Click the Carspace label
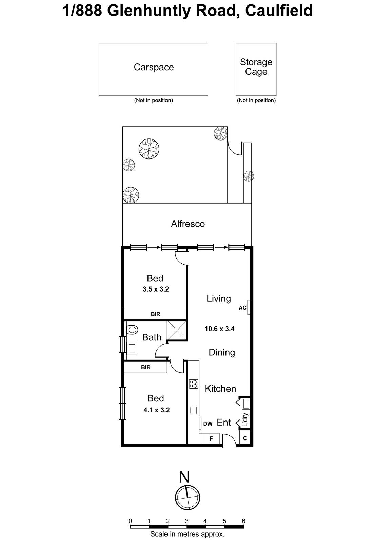(x=154, y=67)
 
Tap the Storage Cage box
(x=256, y=69)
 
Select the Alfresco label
(x=188, y=224)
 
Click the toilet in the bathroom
(x=132, y=330)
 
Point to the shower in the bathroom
(x=177, y=330)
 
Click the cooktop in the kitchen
(x=194, y=384)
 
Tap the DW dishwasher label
(x=208, y=424)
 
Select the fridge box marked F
(x=211, y=438)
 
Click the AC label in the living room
(x=242, y=308)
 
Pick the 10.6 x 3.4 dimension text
(x=219, y=329)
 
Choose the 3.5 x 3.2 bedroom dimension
(x=156, y=289)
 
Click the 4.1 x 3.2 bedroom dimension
(x=156, y=410)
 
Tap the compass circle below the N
(x=188, y=498)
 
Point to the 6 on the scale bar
(x=243, y=521)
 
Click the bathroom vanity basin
(x=132, y=348)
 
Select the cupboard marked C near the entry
(x=245, y=438)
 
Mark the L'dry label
(x=245, y=420)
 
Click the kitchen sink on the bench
(x=194, y=410)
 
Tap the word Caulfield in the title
(x=278, y=11)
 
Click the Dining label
(x=222, y=352)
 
